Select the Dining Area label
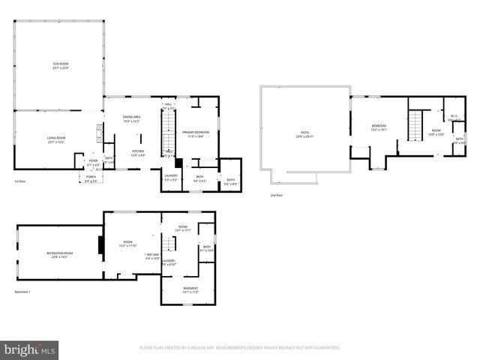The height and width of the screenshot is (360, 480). (132, 118)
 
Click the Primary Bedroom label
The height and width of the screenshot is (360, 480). (196, 133)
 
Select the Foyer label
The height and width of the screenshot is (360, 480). (94, 162)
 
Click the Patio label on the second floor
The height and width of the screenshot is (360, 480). (304, 134)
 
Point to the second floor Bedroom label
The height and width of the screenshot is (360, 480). (379, 127)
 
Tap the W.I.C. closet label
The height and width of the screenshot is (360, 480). (454, 118)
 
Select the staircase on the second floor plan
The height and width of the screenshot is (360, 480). (415, 124)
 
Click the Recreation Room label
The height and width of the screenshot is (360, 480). (59, 255)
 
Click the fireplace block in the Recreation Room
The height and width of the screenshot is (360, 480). (100, 247)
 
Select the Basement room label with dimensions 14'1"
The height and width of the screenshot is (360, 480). (191, 289)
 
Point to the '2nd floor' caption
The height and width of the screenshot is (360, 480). (277, 195)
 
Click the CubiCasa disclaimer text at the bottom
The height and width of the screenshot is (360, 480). (240, 348)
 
